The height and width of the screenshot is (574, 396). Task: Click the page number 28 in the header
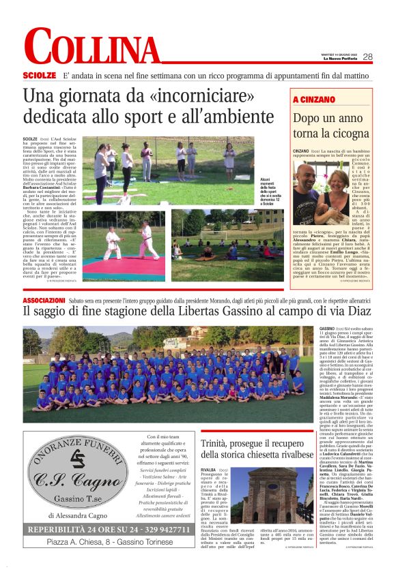367,57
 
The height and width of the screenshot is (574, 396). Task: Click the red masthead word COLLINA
91,49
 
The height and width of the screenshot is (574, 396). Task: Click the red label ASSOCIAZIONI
44,300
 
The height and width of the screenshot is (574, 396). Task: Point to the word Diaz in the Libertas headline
347,312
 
